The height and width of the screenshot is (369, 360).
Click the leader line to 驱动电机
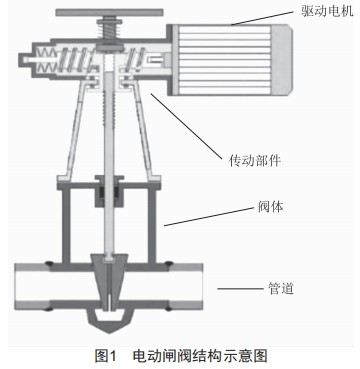(265, 18)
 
